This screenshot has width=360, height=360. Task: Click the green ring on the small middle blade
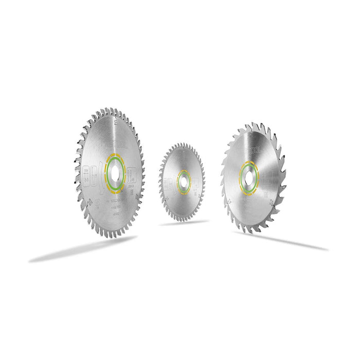click(x=178, y=181)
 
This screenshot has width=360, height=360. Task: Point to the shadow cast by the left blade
click(x=82, y=250)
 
